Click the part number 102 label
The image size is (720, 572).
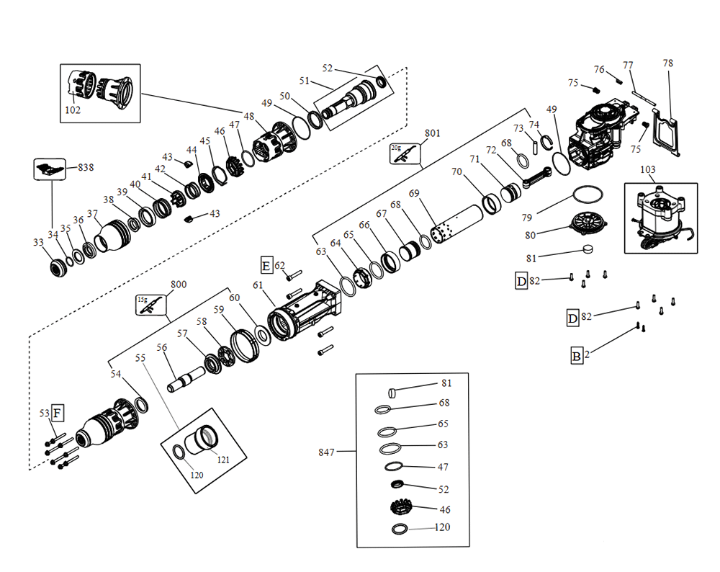pos(73,111)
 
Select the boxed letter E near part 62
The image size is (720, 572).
pos(266,267)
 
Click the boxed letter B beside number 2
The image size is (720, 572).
pos(577,354)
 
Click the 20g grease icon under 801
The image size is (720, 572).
pos(402,153)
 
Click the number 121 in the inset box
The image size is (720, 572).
pos(223,459)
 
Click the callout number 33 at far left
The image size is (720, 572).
pos(38,243)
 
